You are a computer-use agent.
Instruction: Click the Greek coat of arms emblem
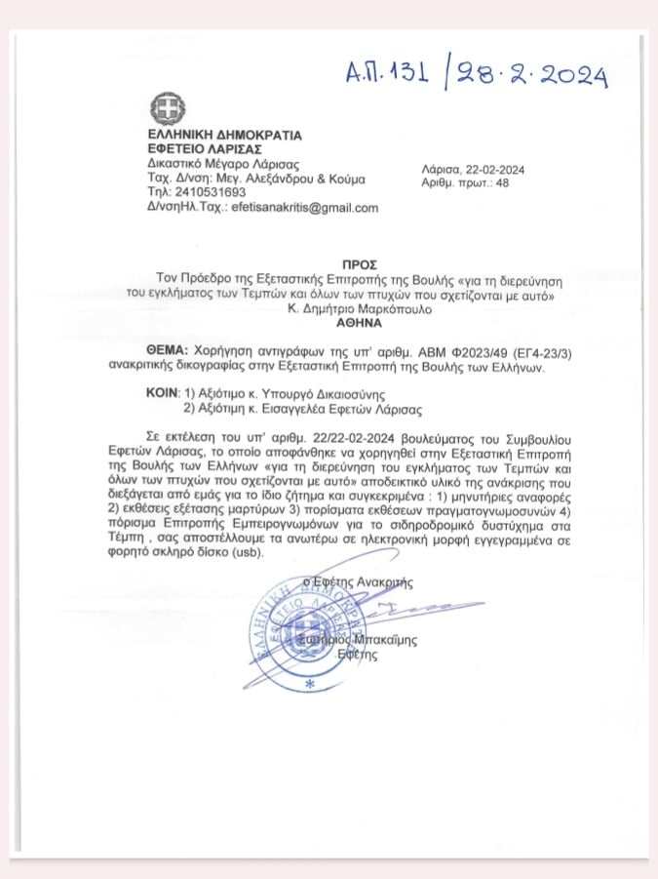(x=162, y=106)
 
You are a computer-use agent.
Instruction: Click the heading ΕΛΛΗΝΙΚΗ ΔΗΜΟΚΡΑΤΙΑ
(x=224, y=135)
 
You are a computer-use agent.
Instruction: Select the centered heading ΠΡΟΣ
(x=360, y=264)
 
